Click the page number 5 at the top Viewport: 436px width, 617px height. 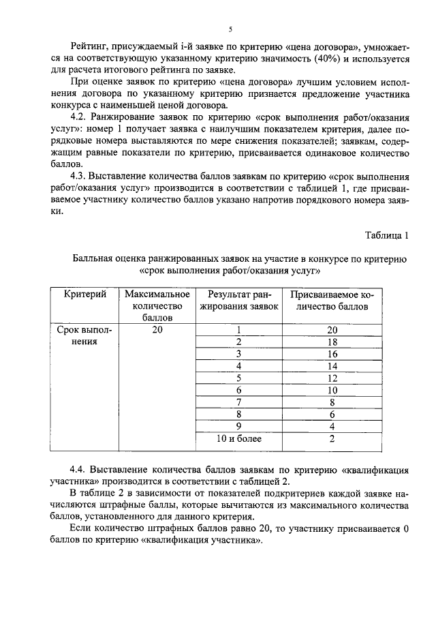(x=230, y=29)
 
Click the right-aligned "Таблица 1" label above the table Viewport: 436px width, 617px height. (x=386, y=235)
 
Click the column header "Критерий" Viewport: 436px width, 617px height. (x=84, y=294)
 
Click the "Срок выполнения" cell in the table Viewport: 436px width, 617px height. (x=84, y=336)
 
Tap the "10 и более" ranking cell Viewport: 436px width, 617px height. (x=239, y=438)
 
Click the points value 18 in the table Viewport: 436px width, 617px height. (x=332, y=342)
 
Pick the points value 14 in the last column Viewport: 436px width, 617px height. (x=332, y=366)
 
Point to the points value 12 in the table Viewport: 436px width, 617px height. (x=332, y=378)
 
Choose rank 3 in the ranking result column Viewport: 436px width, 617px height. (x=239, y=354)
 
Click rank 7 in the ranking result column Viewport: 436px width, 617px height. (x=239, y=402)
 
